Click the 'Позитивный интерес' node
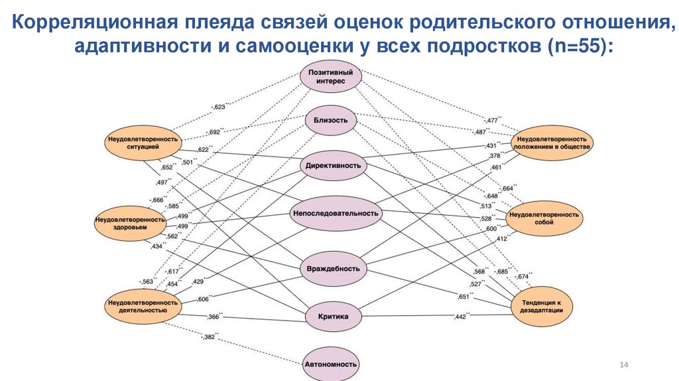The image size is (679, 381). [331, 76]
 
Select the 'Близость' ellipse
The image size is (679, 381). [331, 120]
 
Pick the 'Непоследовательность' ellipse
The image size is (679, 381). [336, 213]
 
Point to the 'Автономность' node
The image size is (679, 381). [331, 364]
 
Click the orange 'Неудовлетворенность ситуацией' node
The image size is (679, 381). [141, 142]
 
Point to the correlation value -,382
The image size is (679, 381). [211, 337]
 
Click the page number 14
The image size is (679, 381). [623, 365]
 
